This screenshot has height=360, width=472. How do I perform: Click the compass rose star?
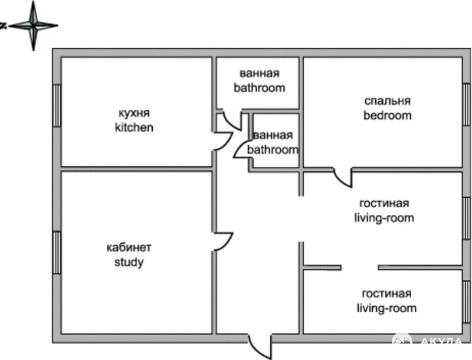(33, 26)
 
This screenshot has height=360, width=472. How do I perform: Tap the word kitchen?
(134, 127)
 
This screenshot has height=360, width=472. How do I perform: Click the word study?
(129, 262)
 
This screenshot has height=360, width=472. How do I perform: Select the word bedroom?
(387, 115)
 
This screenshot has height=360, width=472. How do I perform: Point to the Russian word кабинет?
(129, 248)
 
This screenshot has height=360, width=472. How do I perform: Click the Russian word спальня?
(388, 101)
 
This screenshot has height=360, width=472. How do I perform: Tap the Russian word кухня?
(134, 113)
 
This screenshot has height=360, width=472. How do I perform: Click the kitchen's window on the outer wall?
(57, 106)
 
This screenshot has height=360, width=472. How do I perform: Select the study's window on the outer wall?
(57, 253)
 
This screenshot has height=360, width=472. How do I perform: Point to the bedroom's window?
(467, 104)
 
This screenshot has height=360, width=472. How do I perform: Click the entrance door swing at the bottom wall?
(260, 347)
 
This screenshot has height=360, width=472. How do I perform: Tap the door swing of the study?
(224, 241)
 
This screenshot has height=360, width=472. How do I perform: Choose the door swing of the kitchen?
(224, 141)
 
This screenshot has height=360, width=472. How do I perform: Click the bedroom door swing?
(343, 178)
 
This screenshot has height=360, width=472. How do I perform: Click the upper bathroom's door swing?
(232, 120)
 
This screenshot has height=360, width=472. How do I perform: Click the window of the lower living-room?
(467, 302)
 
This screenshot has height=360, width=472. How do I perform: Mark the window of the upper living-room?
(467, 218)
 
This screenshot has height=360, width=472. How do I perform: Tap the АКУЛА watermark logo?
(427, 341)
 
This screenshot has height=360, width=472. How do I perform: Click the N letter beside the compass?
(4, 26)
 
